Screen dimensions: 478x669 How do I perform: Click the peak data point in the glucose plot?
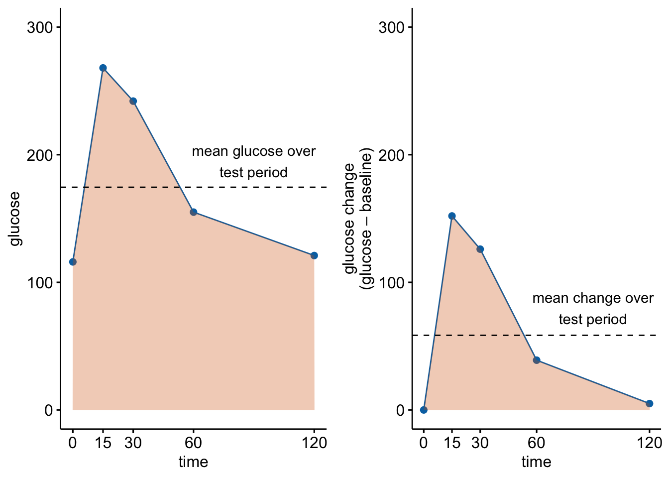pyautogui.click(x=103, y=68)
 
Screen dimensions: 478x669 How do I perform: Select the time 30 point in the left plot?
pyautogui.click(x=133, y=101)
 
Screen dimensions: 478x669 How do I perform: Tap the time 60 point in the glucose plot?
pyautogui.click(x=193, y=212)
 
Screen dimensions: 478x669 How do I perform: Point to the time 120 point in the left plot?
pyautogui.click(x=314, y=255)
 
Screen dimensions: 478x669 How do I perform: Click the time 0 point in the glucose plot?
pyautogui.click(x=73, y=262)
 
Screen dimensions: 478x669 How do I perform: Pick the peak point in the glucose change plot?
pyautogui.click(x=452, y=216)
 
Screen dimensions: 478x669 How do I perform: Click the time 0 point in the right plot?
pyautogui.click(x=424, y=410)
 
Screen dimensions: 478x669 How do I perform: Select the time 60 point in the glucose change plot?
pyautogui.click(x=536, y=360)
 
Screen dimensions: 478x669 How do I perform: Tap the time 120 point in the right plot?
pyautogui.click(x=649, y=403)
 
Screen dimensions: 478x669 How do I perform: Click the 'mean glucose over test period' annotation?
pyautogui.click(x=253, y=162)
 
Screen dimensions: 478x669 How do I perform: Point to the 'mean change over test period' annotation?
pyautogui.click(x=592, y=309)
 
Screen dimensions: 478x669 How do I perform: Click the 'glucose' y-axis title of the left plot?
pyautogui.click(x=15, y=219)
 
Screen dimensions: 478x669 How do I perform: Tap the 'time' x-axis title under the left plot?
pyautogui.click(x=193, y=462)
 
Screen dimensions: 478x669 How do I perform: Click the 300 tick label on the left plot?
pyautogui.click(x=40, y=27)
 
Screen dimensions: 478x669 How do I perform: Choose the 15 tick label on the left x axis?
pyautogui.click(x=103, y=443)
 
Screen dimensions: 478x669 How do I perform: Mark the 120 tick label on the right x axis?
pyautogui.click(x=649, y=443)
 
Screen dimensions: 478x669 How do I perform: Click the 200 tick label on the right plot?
pyautogui.click(x=391, y=155)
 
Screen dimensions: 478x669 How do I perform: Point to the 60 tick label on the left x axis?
pyautogui.click(x=193, y=443)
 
